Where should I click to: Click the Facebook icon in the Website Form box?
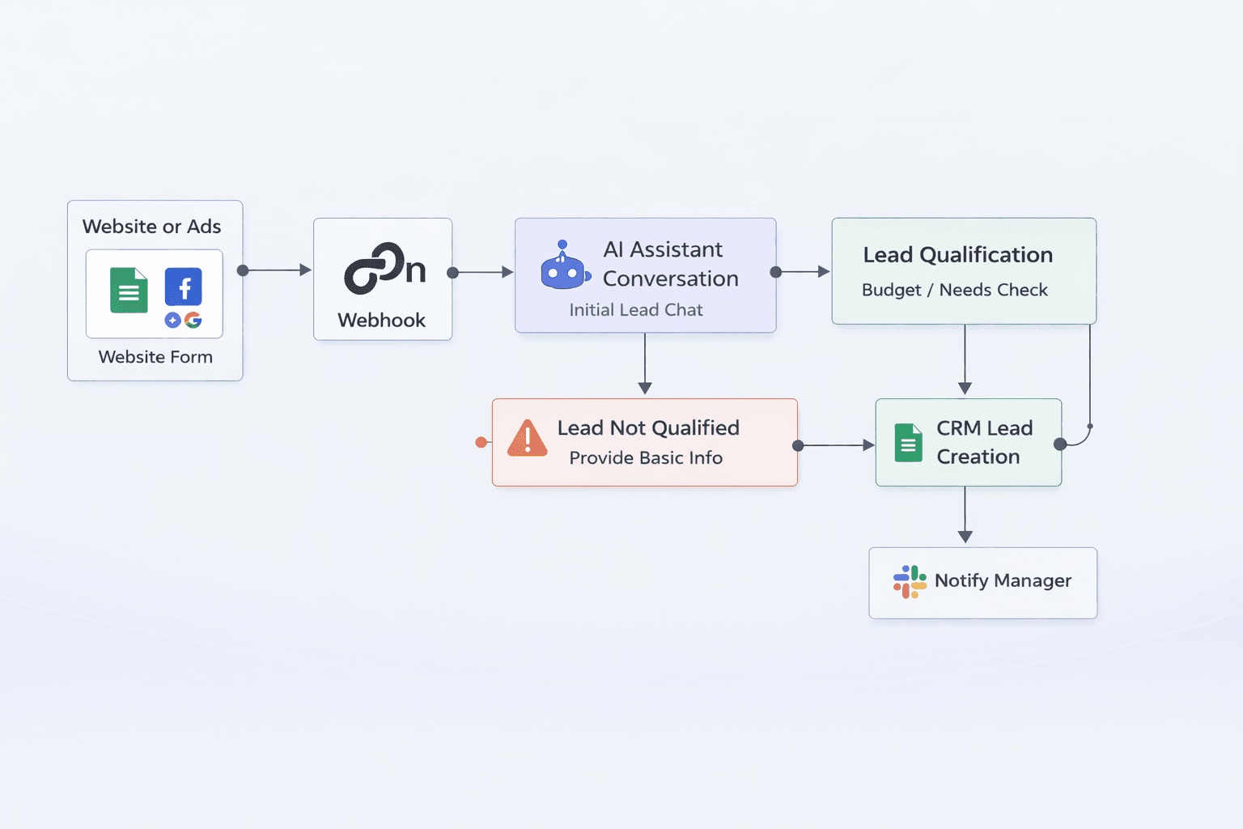(x=184, y=287)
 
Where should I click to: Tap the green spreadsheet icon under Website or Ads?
(x=129, y=290)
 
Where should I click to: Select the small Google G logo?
(x=193, y=320)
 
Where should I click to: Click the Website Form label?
(x=155, y=357)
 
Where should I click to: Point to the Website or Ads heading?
(x=151, y=227)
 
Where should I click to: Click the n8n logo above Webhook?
(x=384, y=268)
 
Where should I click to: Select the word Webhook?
(x=381, y=321)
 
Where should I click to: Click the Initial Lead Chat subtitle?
(x=635, y=310)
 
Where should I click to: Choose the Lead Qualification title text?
(x=957, y=255)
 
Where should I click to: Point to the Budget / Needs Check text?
(x=954, y=290)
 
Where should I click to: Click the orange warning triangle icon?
(x=528, y=439)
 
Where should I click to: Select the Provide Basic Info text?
(x=645, y=458)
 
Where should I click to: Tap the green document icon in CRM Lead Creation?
(x=908, y=443)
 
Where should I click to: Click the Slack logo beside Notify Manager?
(x=910, y=581)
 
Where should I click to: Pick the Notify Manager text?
(x=1003, y=580)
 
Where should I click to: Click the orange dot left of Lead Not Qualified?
(x=482, y=442)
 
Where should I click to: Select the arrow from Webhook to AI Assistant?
(x=483, y=273)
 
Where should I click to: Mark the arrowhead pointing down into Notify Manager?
(x=965, y=536)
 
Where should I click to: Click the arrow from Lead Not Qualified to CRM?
(x=836, y=445)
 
